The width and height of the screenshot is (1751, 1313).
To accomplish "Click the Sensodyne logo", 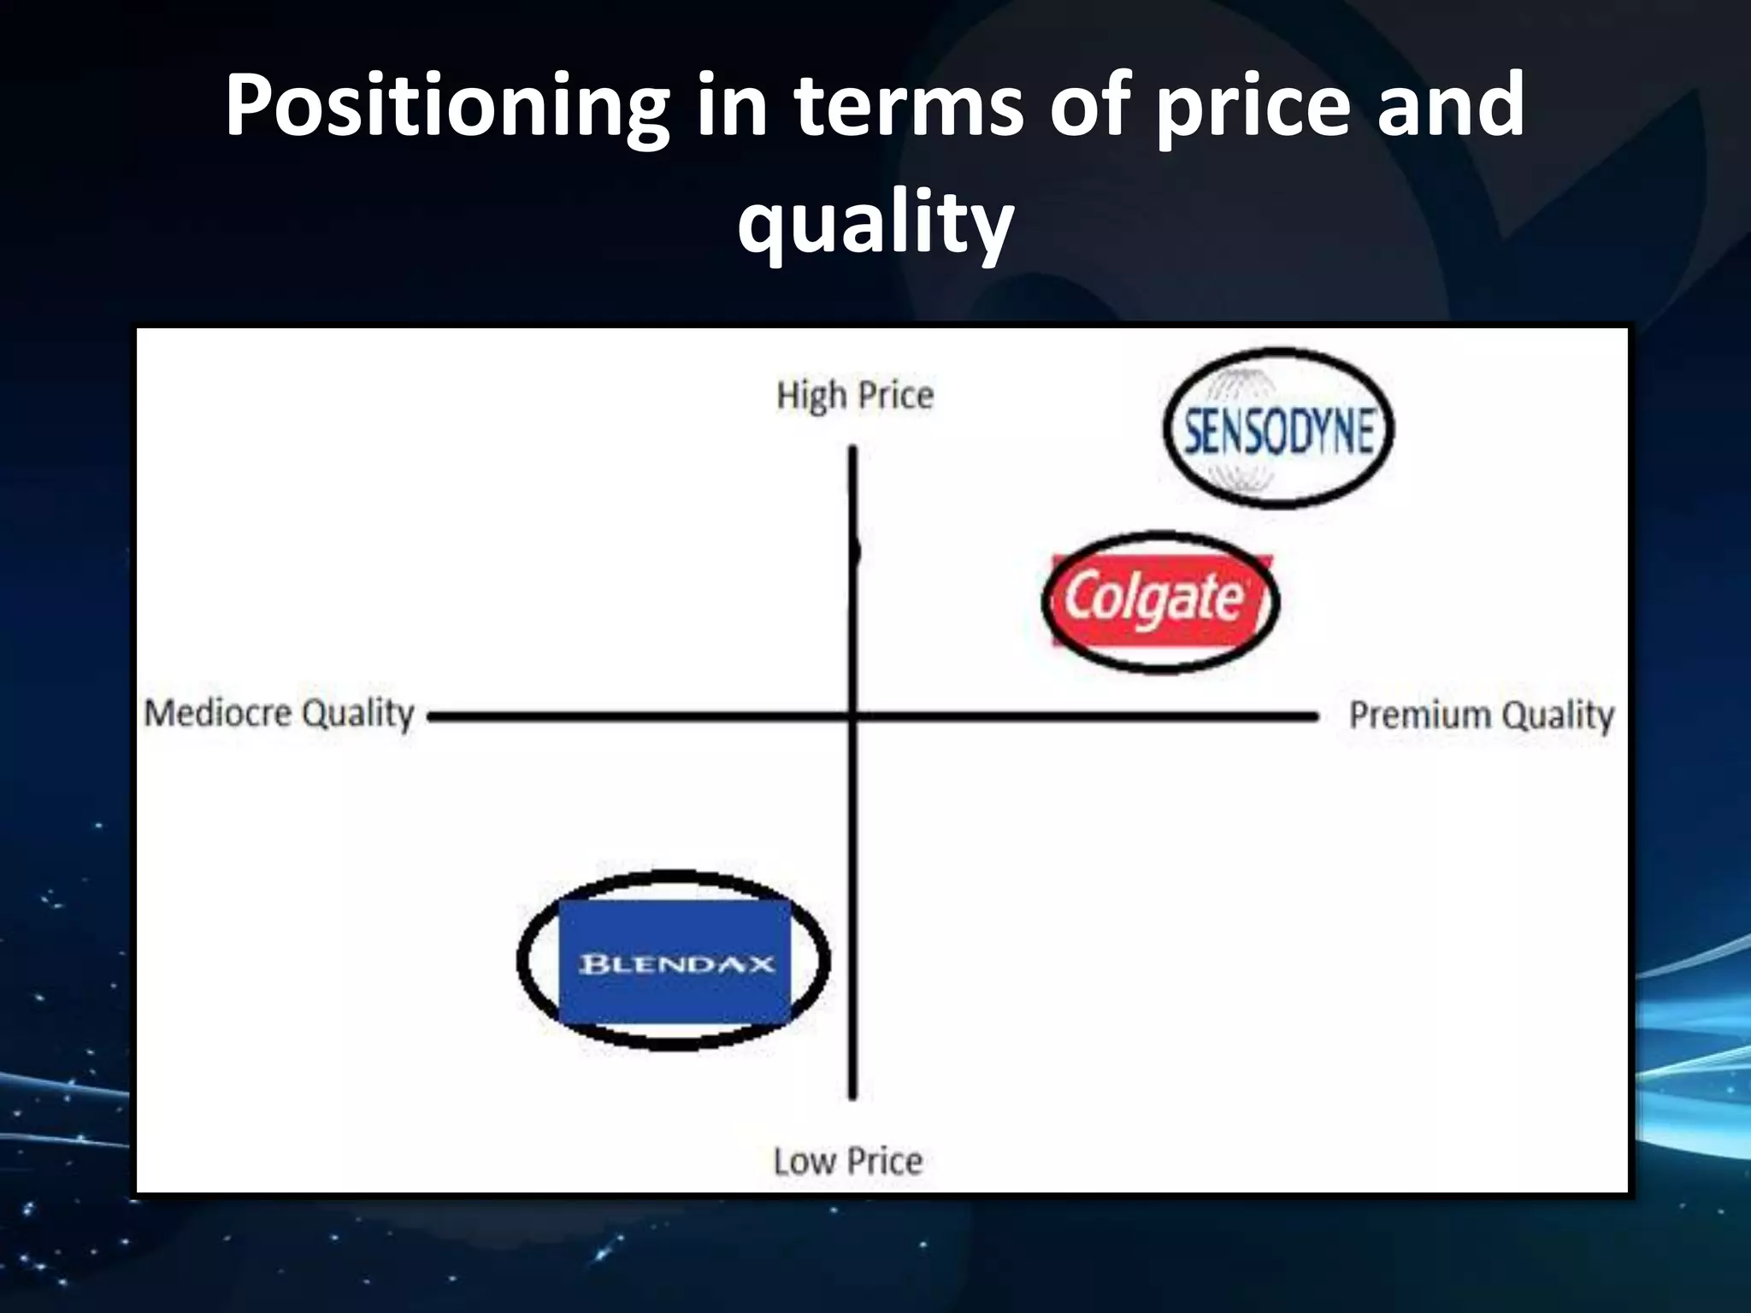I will click(x=1278, y=430).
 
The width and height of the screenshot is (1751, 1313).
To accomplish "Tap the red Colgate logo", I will click(x=1159, y=600).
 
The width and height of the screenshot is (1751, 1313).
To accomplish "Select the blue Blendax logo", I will click(x=675, y=963).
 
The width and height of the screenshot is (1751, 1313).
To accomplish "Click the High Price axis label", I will click(x=855, y=396).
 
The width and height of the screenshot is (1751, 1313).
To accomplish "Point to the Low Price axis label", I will click(x=848, y=1162).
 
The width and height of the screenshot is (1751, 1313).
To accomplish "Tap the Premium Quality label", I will click(x=1481, y=715).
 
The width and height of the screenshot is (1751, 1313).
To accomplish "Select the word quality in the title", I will click(x=875, y=224).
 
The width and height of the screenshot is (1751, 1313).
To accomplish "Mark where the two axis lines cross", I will click(x=853, y=715).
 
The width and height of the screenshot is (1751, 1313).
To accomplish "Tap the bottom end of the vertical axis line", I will click(x=852, y=1096).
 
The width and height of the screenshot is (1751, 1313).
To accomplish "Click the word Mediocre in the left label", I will click(x=218, y=712).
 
